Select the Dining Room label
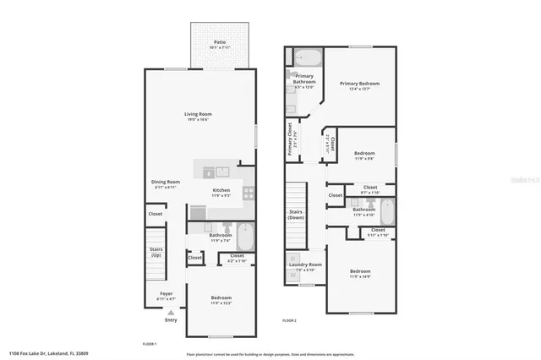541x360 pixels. tap(166, 183)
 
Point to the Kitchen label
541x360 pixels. tap(221, 191)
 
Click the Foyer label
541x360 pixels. tap(167, 293)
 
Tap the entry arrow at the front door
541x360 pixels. tap(171, 312)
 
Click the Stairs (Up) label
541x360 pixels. tap(156, 253)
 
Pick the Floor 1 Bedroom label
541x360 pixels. tap(221, 298)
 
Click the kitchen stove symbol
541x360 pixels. tap(249, 192)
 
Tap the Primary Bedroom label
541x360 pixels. tap(359, 84)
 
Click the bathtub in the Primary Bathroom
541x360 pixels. tap(308, 58)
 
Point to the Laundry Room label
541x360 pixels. tap(305, 265)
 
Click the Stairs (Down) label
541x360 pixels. tap(296, 215)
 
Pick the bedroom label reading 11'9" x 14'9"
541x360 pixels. tap(361, 272)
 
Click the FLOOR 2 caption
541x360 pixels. tap(289, 320)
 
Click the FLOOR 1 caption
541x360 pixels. tap(149, 344)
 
